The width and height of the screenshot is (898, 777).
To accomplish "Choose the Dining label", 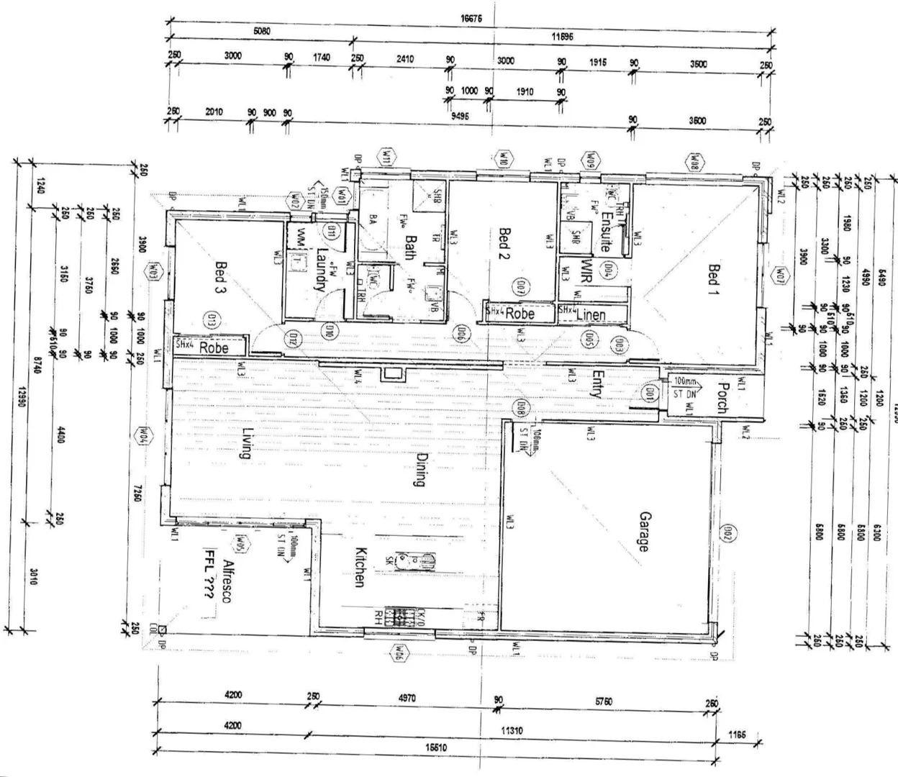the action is point(421,468).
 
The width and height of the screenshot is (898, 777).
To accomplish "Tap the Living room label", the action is point(246,442).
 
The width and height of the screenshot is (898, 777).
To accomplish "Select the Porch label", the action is point(722,397).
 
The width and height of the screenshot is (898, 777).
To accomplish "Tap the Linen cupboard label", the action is point(591,314).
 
